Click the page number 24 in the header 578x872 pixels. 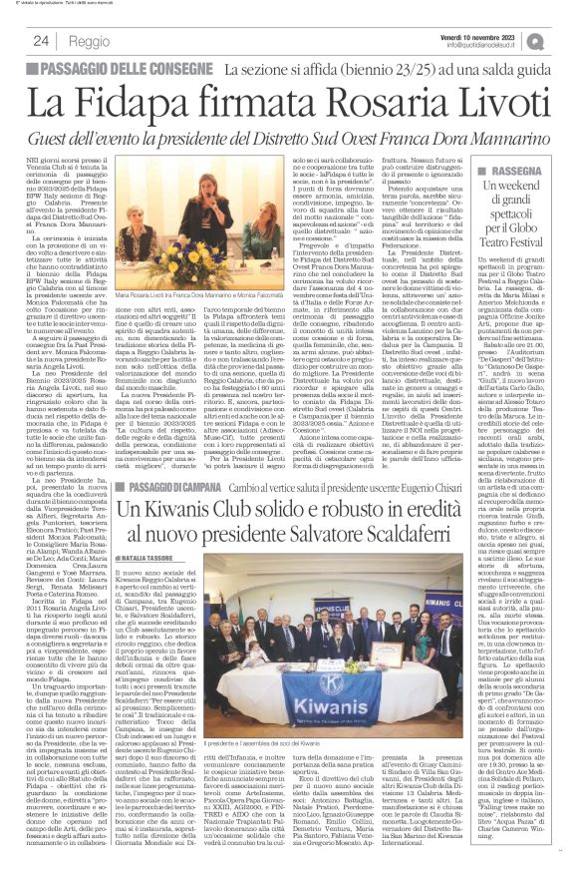tap(42, 42)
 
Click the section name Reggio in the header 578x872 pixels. tap(91, 42)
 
